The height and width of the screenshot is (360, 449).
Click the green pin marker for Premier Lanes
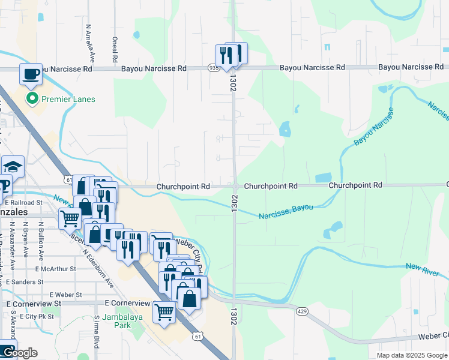point(31,99)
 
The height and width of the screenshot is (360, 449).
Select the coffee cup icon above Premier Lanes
point(31,74)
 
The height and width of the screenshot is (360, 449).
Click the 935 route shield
point(214,68)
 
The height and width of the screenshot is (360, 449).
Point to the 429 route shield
point(302,311)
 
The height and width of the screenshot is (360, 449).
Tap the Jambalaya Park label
point(116,321)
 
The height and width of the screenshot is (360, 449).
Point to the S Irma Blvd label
point(96,333)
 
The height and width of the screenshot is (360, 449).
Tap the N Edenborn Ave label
point(96,268)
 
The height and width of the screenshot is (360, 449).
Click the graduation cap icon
point(12,166)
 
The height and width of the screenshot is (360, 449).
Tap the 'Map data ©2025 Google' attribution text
point(411,355)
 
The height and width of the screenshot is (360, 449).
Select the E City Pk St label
point(37,316)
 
